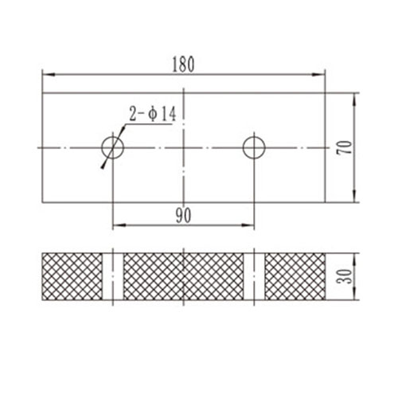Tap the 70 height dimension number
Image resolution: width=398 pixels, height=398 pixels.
coord(343,147)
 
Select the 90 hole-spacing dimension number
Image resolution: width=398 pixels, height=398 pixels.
coord(183,216)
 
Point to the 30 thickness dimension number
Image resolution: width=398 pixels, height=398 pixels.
coord(343,276)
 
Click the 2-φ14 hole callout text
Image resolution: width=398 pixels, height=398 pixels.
coord(153,115)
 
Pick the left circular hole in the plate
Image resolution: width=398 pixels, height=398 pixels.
coord(113,146)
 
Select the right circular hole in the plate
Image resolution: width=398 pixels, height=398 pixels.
coord(254,146)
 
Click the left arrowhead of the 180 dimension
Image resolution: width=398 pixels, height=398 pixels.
coord(46,74)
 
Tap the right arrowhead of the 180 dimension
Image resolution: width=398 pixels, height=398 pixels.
coord(321,74)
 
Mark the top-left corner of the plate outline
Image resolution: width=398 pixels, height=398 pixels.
coord(42,92)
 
